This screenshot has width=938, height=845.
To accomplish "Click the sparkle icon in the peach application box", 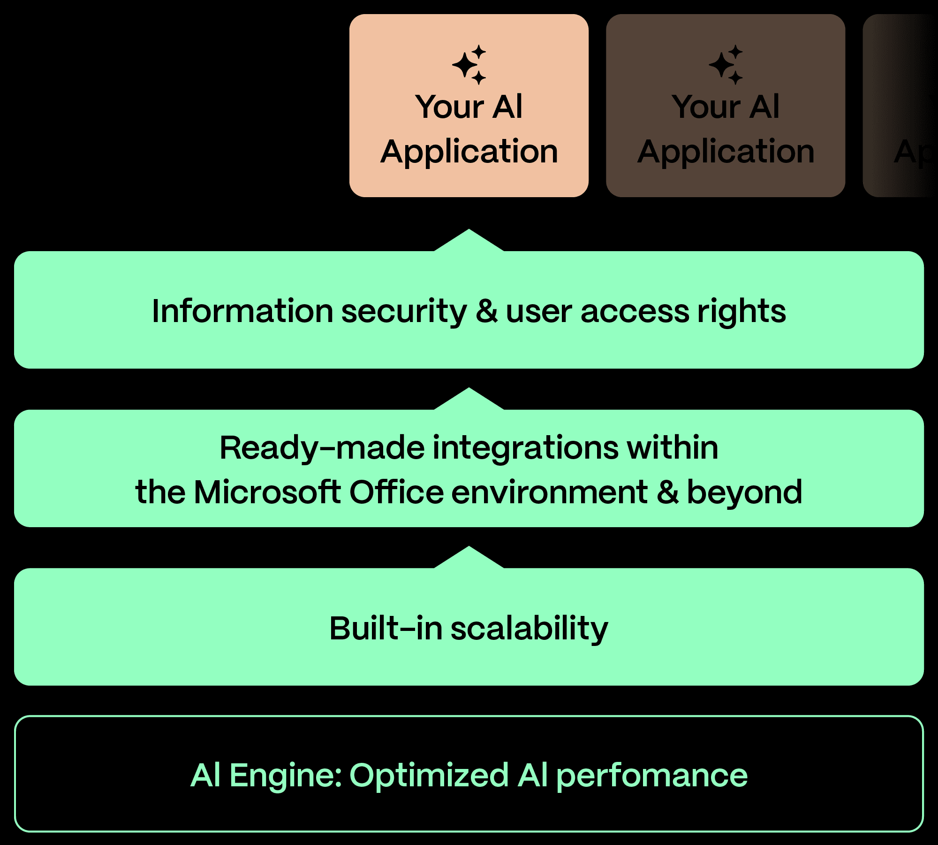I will (x=469, y=65).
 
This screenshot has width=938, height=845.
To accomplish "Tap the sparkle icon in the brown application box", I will (x=726, y=65).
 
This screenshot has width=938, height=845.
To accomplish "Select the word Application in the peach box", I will (x=469, y=152).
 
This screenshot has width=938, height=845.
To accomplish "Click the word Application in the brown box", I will (x=726, y=152).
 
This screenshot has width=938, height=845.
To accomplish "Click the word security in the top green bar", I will (x=404, y=312).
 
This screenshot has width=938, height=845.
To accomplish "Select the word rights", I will (x=741, y=312).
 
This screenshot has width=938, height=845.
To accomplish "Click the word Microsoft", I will (x=267, y=492).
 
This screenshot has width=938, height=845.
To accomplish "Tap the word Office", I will (x=396, y=492).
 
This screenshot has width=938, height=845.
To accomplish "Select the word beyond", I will (x=744, y=493).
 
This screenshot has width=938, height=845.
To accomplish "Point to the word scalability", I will (x=529, y=629).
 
